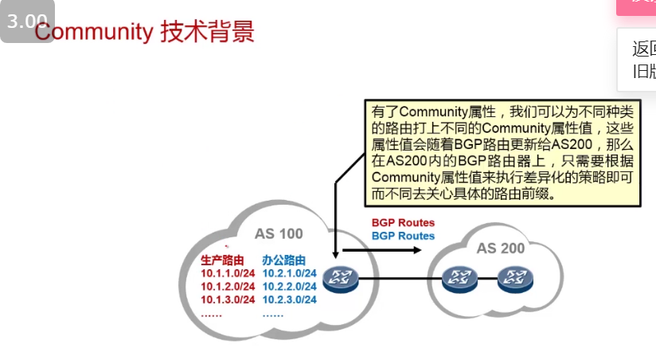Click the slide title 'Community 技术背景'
tap(144, 32)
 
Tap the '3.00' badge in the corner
tap(27, 22)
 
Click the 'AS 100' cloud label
tap(279, 233)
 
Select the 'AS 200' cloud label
tap(501, 248)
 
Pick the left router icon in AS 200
tap(459, 279)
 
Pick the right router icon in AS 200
tap(514, 279)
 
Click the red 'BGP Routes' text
tap(403, 223)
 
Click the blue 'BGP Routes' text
tap(403, 236)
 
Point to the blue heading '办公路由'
tap(284, 260)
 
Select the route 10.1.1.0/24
tap(228, 273)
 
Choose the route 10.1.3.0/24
tap(228, 299)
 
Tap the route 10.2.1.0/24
tap(290, 273)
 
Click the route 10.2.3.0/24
tap(290, 299)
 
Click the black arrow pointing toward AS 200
tap(382, 250)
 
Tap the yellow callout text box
tap(502, 152)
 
